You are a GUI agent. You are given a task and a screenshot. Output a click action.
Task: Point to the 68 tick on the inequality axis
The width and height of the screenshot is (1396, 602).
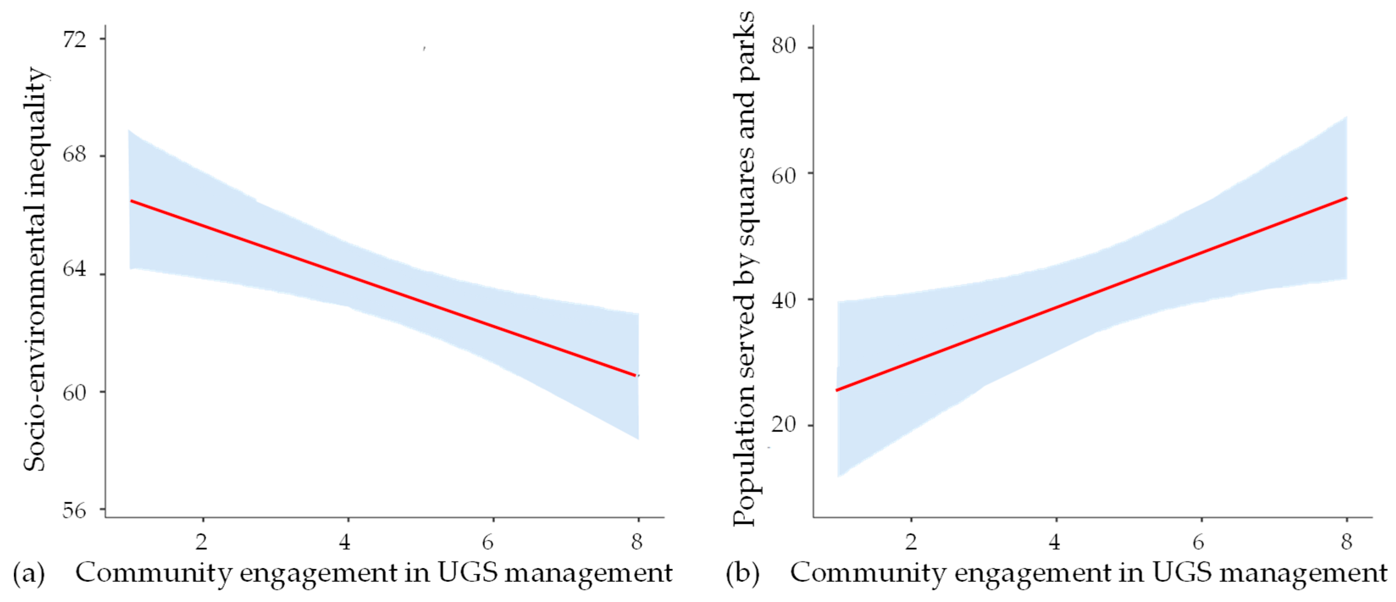point(74,155)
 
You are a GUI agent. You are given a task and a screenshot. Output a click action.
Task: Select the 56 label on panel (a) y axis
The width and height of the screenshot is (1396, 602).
point(74,511)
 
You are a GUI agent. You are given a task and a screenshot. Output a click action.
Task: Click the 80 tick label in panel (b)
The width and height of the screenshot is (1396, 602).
point(784,46)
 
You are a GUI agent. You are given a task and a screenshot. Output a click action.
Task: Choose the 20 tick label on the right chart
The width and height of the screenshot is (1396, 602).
point(784,424)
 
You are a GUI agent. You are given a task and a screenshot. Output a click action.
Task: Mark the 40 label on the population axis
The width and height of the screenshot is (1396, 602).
point(784,300)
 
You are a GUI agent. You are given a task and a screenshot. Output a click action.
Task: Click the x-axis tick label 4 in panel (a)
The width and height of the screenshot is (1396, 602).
point(345,541)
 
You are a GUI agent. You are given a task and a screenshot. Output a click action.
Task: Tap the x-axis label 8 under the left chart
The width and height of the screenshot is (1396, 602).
point(637,541)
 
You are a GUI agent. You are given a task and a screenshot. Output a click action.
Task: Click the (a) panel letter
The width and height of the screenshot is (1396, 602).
point(28,574)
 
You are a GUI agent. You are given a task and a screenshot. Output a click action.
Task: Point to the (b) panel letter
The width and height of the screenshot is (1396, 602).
point(742,574)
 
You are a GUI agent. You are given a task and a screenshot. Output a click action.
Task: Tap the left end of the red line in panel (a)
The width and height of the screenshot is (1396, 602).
point(130,201)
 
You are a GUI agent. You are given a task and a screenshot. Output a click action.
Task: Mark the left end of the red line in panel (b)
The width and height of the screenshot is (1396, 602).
point(837,390)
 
